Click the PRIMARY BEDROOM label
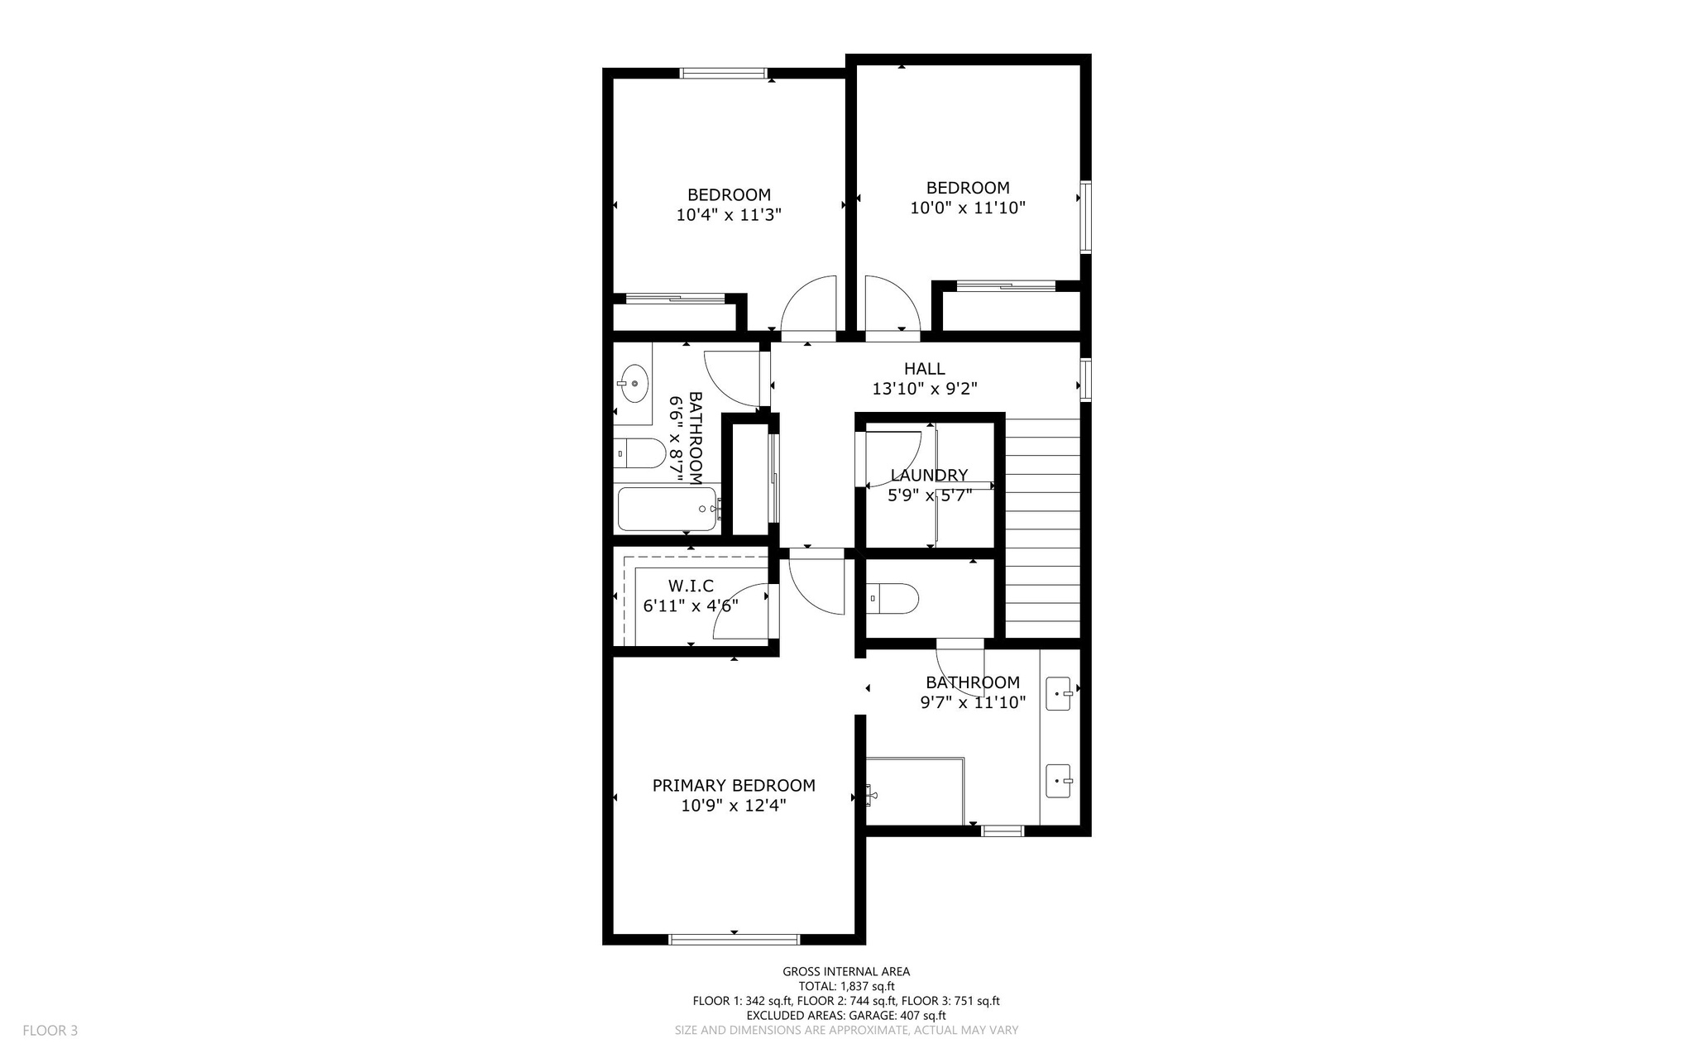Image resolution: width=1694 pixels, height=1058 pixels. point(734,785)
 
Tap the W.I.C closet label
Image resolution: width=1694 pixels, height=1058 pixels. point(691,586)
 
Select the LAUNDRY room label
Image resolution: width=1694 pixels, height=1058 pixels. point(929,475)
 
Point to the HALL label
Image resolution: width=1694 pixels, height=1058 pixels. point(924,368)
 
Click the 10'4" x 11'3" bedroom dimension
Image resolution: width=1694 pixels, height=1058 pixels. point(729,215)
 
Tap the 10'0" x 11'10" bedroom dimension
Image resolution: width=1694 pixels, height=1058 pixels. point(968,208)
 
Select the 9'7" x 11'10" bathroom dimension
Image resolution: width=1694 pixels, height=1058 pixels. point(973,702)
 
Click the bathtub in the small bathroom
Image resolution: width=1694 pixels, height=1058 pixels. point(667,509)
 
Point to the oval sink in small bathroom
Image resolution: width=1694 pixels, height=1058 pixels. point(634,384)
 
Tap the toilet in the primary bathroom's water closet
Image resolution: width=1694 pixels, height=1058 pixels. point(893,598)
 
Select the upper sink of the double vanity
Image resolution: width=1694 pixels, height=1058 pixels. point(1060,693)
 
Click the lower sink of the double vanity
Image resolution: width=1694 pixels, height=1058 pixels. point(1060,781)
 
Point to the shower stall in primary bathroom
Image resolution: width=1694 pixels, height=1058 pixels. point(915,791)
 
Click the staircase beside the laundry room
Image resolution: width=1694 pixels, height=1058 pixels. point(1042,529)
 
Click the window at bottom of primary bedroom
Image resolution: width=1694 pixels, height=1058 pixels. point(734,939)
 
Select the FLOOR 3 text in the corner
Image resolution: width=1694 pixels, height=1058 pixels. point(50,1031)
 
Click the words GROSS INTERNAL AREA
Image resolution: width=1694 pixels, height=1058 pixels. point(846,972)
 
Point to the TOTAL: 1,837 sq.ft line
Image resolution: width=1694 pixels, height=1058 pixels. point(846,986)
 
